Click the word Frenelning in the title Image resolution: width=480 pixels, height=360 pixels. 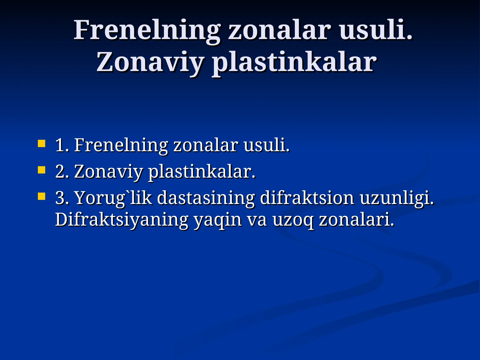click(x=147, y=30)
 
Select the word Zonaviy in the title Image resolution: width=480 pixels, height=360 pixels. click(x=149, y=62)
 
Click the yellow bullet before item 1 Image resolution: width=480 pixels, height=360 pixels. click(x=41, y=143)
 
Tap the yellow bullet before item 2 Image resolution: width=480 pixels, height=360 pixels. click(x=41, y=170)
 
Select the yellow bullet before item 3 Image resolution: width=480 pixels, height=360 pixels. click(x=41, y=197)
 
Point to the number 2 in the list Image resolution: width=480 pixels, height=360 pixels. click(x=61, y=172)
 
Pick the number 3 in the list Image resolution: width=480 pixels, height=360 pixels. click(x=61, y=198)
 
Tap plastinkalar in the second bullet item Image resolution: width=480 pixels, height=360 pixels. click(x=202, y=172)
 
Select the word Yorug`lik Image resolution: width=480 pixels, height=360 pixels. click(x=113, y=198)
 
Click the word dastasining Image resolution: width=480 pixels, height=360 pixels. click(x=206, y=198)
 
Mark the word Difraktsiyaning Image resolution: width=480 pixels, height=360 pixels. click(x=121, y=220)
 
